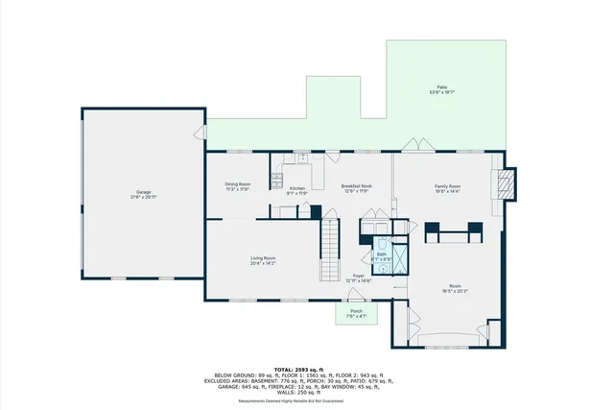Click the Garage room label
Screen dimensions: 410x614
click(x=143, y=192)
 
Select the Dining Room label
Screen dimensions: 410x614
click(x=238, y=184)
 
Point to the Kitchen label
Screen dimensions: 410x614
click(x=297, y=188)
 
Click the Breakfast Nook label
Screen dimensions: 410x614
click(x=356, y=185)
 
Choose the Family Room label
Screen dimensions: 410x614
click(x=447, y=186)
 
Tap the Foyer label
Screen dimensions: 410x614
click(x=359, y=276)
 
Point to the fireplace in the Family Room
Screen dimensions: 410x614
click(x=505, y=184)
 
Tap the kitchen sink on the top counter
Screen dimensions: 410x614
click(x=300, y=157)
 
